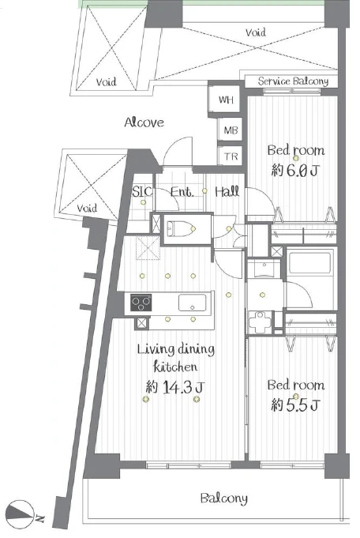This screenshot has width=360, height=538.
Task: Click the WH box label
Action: coord(226,100)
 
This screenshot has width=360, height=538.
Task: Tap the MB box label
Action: coord(231,130)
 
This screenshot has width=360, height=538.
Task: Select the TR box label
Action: coord(231,156)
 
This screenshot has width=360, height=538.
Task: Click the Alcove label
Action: coord(144,122)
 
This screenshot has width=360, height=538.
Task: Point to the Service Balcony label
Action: coord(293,81)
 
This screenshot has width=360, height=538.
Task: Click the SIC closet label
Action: coord(142,191)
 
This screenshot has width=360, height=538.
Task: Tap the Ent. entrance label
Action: coord(182,191)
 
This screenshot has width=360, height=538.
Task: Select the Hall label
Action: coord(227,191)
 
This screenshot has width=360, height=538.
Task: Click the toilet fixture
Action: coord(180,228)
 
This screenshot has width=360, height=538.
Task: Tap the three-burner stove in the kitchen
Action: coord(141,303)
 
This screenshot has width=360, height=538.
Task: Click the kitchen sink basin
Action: coord(193,303)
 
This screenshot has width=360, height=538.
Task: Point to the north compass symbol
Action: coord(21,514)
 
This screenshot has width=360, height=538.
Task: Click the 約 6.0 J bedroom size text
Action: coord(295,170)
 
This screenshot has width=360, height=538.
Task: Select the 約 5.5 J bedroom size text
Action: coord(295,405)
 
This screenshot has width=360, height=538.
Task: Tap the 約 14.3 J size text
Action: coord(175,387)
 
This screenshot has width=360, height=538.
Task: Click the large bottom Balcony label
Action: coord(224,498)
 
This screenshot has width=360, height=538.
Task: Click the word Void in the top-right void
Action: coord(256,32)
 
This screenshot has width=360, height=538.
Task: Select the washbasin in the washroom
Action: coord(264,269)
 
